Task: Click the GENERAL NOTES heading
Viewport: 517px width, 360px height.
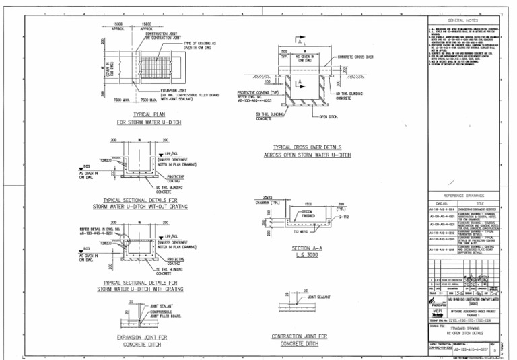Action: tap(462, 20)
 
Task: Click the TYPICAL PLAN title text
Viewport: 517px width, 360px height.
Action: tap(141, 114)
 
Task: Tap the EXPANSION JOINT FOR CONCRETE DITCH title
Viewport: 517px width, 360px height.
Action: tap(139, 340)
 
